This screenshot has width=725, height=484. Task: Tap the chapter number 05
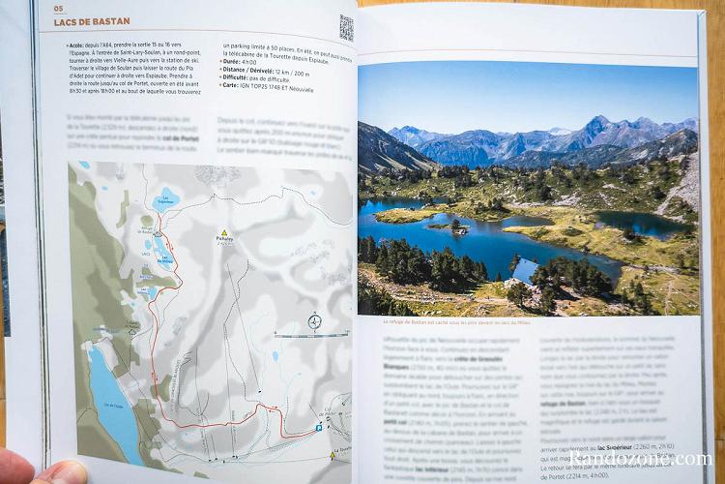coord(57,9)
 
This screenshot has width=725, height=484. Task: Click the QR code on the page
coord(346,26)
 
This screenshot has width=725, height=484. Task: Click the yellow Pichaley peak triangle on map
coord(223,233)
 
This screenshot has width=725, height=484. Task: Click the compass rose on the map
coord(314,320)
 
